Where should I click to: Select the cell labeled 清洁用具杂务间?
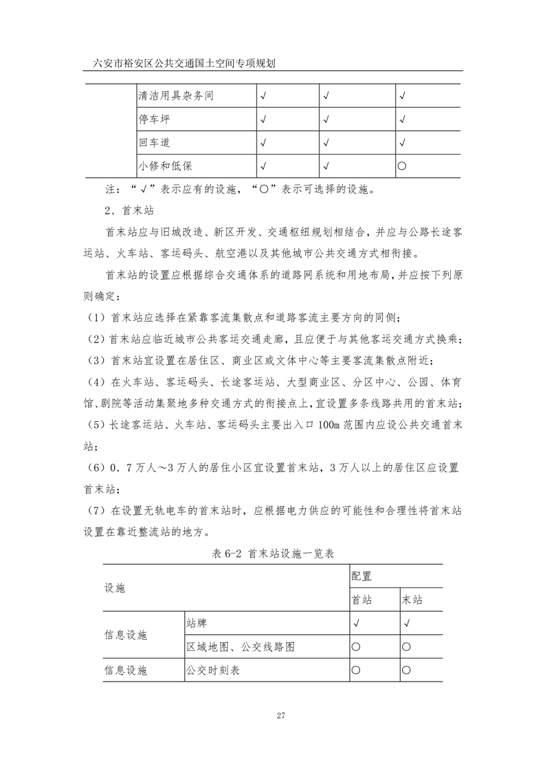click(175, 96)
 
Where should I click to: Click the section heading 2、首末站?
click(122, 210)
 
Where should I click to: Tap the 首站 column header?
click(362, 599)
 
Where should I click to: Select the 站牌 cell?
click(196, 623)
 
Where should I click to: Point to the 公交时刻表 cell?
click(212, 670)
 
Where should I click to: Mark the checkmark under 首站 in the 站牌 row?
click(356, 623)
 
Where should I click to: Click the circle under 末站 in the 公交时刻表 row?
click(406, 670)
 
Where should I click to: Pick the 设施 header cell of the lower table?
click(114, 588)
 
